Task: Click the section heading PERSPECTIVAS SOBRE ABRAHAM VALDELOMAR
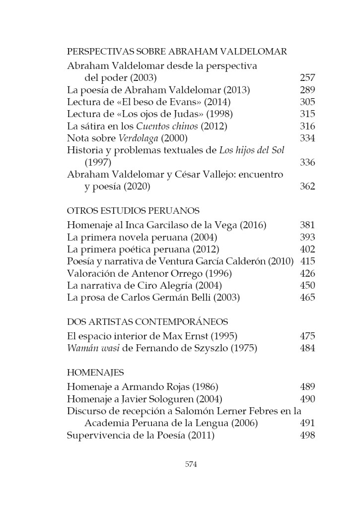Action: tap(177, 51)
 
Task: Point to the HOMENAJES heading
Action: tap(95, 372)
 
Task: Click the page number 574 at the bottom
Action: tap(191, 464)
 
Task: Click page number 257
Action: tap(307, 78)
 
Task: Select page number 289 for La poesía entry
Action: tap(307, 90)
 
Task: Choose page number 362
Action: tap(307, 187)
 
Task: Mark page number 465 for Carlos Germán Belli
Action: tap(307, 298)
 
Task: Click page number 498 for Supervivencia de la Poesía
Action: tap(307, 435)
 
